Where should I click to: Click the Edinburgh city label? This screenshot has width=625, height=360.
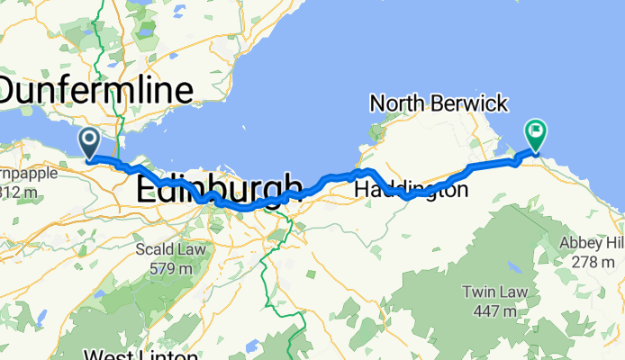point(219,190)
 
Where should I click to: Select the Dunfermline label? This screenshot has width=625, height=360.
point(96,91)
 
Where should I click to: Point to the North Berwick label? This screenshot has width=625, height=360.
point(439,103)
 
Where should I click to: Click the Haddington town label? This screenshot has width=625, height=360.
point(412,191)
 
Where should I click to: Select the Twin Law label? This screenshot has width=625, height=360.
point(491,293)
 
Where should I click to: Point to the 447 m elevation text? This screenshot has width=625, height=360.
point(491,311)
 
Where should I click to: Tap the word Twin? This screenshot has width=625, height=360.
point(478,293)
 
